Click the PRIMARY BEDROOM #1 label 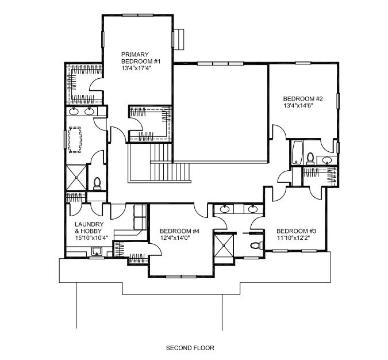[141, 58]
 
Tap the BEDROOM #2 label [303, 99]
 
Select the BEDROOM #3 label [296, 231]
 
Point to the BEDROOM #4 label [179, 231]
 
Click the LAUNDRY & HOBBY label [89, 228]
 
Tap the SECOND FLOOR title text [190, 348]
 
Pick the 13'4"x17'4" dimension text [136, 68]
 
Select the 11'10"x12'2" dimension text [293, 238]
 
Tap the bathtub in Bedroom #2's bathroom [297, 152]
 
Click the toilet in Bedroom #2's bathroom [310, 159]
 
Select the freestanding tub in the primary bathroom [75, 140]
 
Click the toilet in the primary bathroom [97, 183]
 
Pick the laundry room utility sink [97, 251]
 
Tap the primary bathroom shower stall [76, 178]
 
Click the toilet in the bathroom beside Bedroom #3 [257, 246]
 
